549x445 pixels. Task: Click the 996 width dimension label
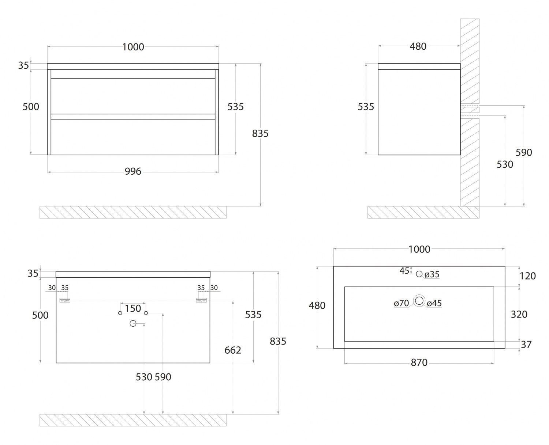coord(133,171)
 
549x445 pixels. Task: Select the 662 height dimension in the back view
coord(233,350)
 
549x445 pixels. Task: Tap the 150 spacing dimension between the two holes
coord(133,308)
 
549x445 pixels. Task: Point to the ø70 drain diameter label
coord(402,303)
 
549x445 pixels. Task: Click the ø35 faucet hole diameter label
coord(432,274)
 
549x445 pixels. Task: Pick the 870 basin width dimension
coord(419,363)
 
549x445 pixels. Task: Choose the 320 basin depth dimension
coord(519,314)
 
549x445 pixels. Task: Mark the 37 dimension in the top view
coord(526,344)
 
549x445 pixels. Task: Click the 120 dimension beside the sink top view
coord(527,276)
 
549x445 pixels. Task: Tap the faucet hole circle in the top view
coord(419,274)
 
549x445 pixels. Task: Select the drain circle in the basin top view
coord(419,301)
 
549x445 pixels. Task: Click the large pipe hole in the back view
coord(133,323)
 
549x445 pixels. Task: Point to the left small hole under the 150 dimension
coord(120,313)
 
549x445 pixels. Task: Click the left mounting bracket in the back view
coord(65,300)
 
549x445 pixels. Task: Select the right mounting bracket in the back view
coord(201,300)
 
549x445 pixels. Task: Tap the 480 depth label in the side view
coord(418,46)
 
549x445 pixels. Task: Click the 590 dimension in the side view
coord(524,152)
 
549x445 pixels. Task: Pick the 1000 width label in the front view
coord(133,47)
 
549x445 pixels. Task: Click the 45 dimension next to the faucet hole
coord(404,271)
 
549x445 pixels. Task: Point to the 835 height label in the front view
coord(260,134)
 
